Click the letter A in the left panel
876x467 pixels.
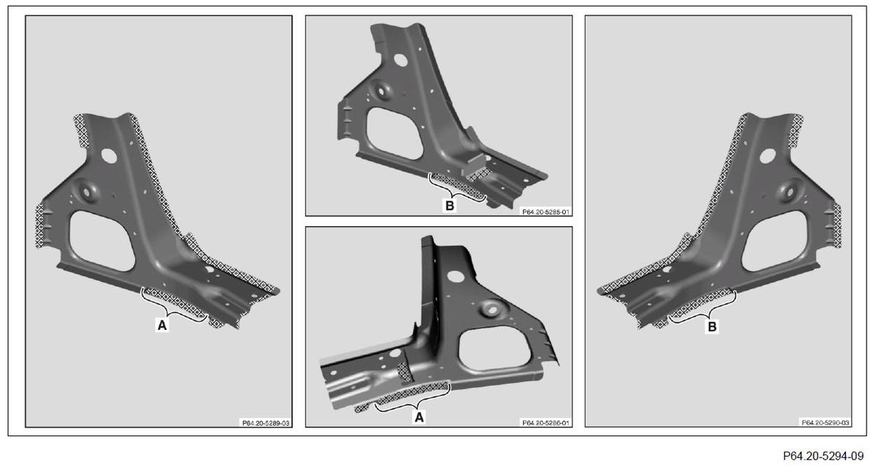point(162,325)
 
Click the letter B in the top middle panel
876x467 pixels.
point(450,206)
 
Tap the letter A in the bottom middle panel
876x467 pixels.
point(419,417)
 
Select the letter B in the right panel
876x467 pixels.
point(712,326)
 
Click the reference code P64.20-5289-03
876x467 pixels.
point(266,423)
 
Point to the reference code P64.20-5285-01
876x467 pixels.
point(545,212)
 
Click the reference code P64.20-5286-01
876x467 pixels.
point(545,422)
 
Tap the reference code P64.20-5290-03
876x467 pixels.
point(825,422)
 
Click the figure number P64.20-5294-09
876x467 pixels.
point(823,455)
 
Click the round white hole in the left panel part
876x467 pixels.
point(109,156)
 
